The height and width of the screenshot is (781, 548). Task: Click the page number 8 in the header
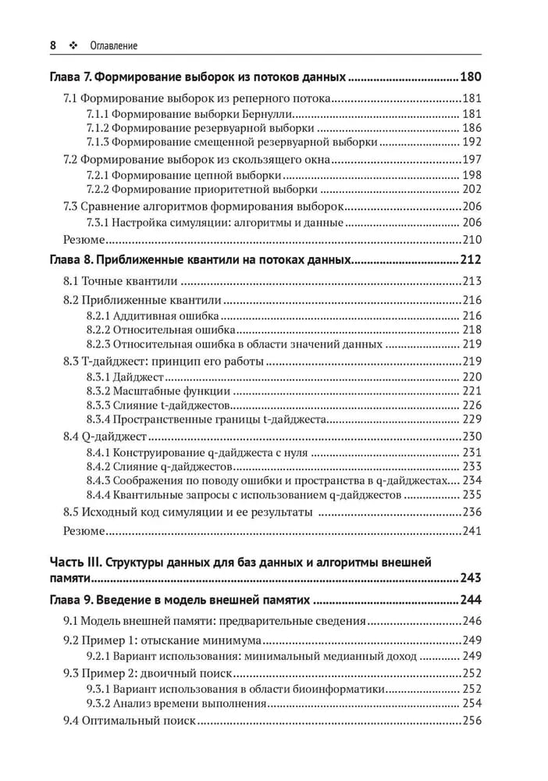point(53,45)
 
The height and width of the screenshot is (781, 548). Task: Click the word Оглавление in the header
point(114,46)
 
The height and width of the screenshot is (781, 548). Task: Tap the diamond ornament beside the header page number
point(73,46)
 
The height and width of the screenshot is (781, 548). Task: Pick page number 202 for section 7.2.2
point(472,189)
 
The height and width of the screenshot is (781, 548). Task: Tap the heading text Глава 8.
point(70,259)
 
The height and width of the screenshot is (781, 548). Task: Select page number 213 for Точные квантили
point(472,281)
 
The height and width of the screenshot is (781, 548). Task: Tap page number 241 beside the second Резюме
point(472,531)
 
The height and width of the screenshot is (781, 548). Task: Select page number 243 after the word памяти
point(471,580)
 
